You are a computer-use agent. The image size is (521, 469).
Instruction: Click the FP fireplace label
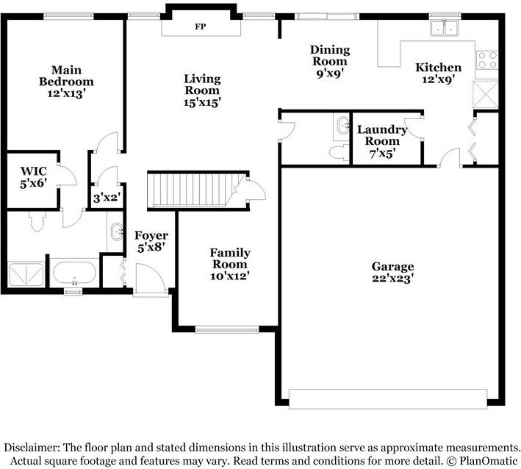click(x=200, y=26)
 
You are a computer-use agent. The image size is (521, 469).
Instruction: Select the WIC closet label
click(x=34, y=171)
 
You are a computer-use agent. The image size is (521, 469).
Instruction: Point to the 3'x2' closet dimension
click(x=107, y=198)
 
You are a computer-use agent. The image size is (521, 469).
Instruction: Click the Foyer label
click(x=151, y=235)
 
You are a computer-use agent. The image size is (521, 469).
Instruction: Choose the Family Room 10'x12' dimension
click(x=230, y=276)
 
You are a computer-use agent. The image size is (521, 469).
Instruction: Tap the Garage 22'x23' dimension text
click(x=392, y=278)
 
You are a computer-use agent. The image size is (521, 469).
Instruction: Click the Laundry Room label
click(x=382, y=135)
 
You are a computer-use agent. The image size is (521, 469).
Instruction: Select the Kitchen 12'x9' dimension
click(x=438, y=79)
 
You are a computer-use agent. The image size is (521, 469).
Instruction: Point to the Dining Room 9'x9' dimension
click(x=330, y=74)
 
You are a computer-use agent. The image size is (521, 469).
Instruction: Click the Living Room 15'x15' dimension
click(x=202, y=102)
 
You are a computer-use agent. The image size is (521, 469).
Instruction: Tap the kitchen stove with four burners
click(x=487, y=60)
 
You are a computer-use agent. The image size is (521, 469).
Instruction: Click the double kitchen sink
click(x=445, y=28)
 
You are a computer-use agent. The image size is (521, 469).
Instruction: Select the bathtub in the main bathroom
click(x=75, y=273)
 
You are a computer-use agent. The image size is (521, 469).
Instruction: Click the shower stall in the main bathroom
click(x=26, y=274)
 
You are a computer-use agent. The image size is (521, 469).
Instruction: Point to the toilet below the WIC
click(x=37, y=221)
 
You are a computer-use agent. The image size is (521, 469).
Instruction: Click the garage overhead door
click(x=388, y=399)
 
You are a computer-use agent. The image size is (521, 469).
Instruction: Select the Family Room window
click(x=227, y=329)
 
